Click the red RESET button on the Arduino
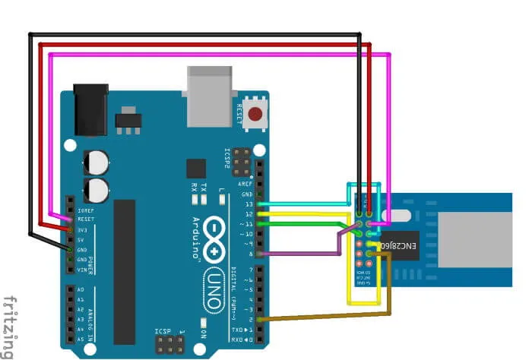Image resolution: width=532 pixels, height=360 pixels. tap(256, 115)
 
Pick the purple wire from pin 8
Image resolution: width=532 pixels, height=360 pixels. tap(304, 253)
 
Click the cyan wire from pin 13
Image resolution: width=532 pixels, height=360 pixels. tap(304, 204)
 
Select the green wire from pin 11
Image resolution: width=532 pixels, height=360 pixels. tap(304, 224)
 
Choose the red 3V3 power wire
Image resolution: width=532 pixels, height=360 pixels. tap(205, 45)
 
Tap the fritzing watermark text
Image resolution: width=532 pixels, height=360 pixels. tap(8, 326)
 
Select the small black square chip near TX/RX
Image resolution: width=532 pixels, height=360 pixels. tap(196, 169)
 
